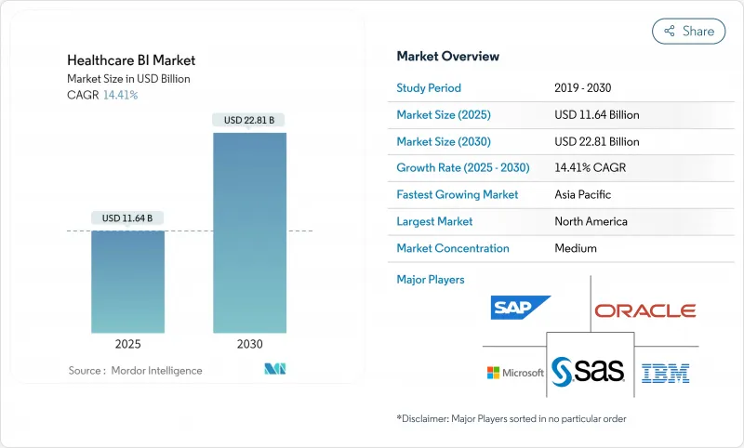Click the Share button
688,31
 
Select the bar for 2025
127,282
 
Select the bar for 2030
249,232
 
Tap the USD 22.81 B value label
249,120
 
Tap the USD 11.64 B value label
127,218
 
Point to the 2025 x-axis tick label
127,344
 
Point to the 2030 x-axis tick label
249,344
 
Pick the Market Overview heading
447,56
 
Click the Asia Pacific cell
584,195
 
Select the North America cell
591,221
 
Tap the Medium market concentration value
576,248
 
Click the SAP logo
521,308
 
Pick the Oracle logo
644,310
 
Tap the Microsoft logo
515,373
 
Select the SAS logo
588,372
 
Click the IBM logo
666,374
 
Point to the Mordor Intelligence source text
135,371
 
